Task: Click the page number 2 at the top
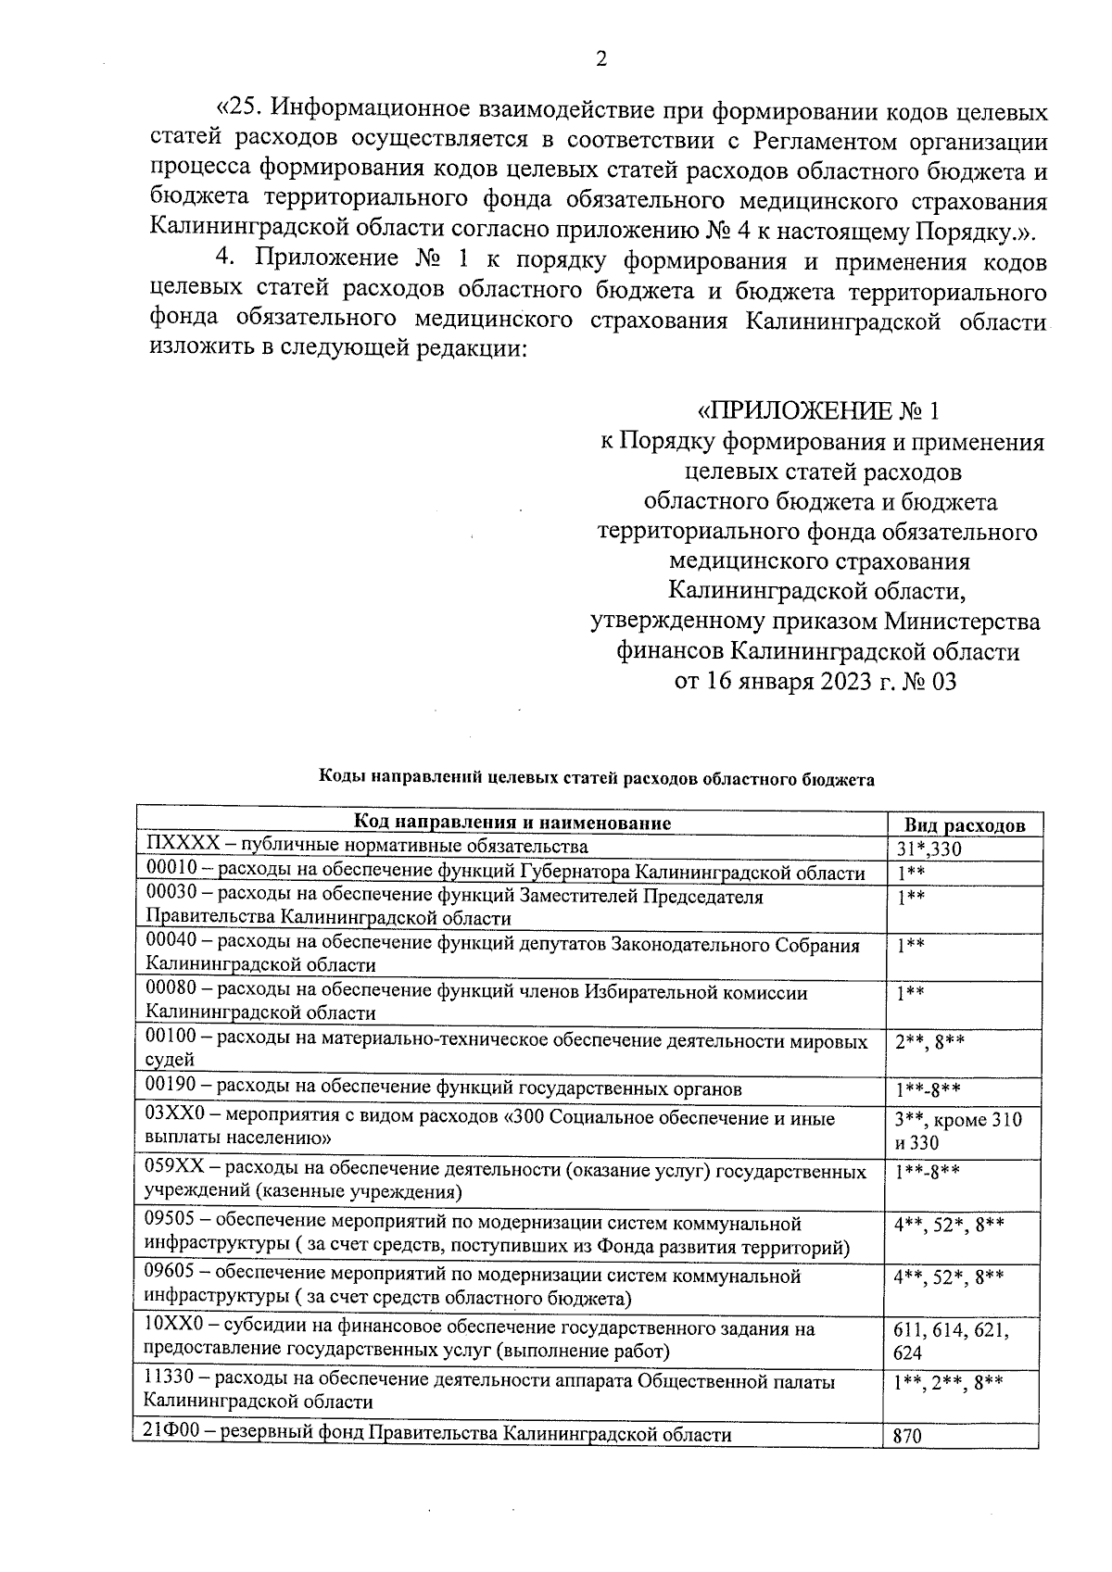[x=600, y=59]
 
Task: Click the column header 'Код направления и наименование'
[x=512, y=823]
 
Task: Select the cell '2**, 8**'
[x=929, y=1042]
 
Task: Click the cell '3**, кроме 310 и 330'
[x=957, y=1131]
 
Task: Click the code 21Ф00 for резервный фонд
[x=170, y=1435]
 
